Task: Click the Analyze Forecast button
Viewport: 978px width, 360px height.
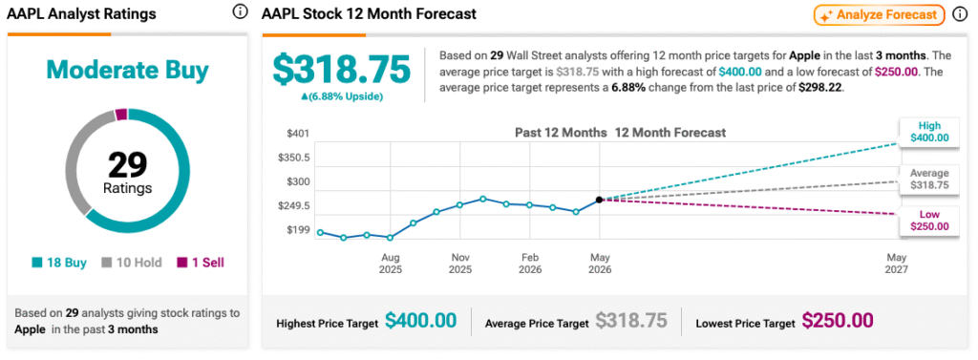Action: coord(879,15)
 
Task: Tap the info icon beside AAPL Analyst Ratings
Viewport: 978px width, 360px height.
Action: coord(240,11)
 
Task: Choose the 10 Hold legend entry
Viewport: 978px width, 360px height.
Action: coord(132,263)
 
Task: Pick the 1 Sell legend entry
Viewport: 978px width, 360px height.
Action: coord(200,263)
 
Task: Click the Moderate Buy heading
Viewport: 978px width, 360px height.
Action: coord(127,71)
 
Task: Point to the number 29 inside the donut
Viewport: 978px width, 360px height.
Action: coord(127,165)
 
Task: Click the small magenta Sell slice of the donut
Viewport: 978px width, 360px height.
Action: coord(121,115)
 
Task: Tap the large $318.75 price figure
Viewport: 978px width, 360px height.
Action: coord(343,69)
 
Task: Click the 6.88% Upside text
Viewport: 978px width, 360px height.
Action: coord(343,96)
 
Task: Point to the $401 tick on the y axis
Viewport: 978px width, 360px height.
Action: coord(297,133)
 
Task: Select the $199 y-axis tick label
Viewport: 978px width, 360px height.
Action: coord(297,230)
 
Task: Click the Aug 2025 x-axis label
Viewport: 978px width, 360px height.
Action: coord(391,264)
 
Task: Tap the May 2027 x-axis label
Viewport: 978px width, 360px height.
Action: coord(897,264)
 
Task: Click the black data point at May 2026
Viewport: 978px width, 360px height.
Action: coord(600,200)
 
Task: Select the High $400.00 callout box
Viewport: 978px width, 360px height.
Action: coord(928,132)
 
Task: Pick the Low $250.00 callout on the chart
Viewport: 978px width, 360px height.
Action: coord(928,221)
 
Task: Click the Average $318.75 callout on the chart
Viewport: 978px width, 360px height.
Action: coord(928,180)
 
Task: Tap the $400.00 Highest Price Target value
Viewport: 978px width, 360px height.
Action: coord(420,321)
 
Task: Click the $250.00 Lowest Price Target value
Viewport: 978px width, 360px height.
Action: coord(837,321)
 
